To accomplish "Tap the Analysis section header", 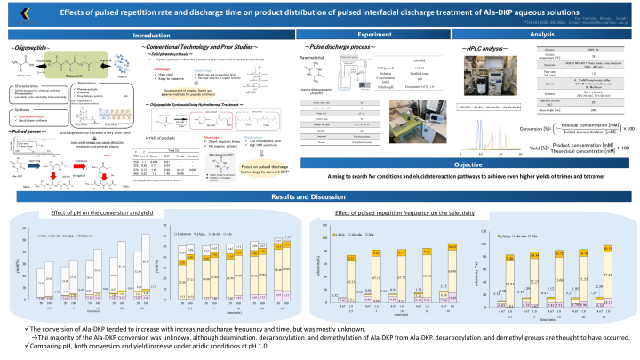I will (542, 35).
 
